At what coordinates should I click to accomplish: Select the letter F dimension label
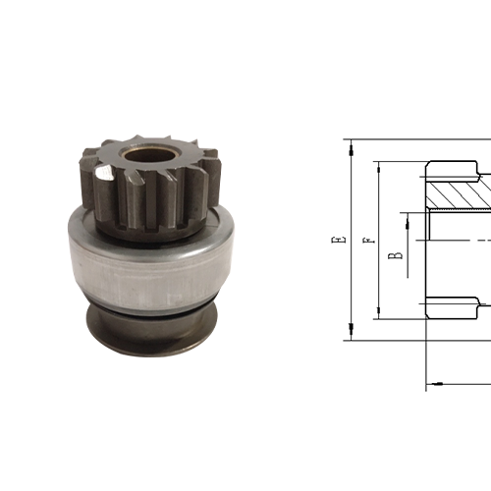coord(366,241)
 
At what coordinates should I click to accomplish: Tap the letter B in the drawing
coord(395,255)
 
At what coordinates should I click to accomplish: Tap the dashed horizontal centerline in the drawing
coord(462,241)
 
